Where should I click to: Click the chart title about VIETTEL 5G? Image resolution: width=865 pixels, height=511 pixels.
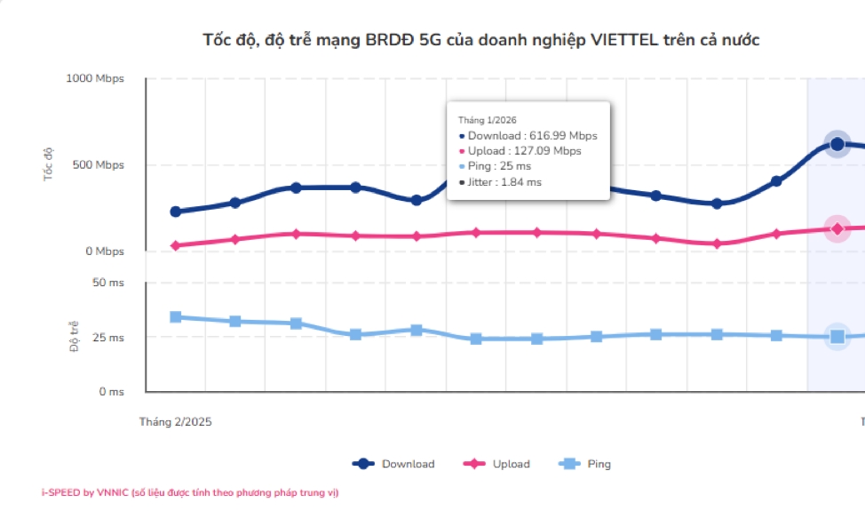[481, 40]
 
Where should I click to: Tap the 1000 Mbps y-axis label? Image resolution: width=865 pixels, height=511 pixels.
[95, 78]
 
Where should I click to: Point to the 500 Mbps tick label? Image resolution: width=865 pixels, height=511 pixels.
[98, 165]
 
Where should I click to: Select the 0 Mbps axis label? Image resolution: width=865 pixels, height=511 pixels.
[104, 252]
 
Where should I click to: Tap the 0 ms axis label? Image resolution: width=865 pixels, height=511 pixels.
[111, 391]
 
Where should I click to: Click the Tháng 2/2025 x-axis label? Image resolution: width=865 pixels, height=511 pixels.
[175, 421]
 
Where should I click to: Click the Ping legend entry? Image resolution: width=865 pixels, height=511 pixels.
[585, 464]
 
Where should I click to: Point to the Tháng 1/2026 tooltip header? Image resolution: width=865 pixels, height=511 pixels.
[487, 119]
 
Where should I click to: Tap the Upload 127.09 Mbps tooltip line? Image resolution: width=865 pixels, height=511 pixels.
[524, 151]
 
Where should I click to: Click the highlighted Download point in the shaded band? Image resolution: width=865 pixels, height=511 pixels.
[837, 144]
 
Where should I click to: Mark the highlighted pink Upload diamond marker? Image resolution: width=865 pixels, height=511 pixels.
[837, 228]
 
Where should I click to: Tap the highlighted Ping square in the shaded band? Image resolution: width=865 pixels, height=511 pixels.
[837, 336]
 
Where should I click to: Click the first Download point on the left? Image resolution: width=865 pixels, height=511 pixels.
[175, 212]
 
